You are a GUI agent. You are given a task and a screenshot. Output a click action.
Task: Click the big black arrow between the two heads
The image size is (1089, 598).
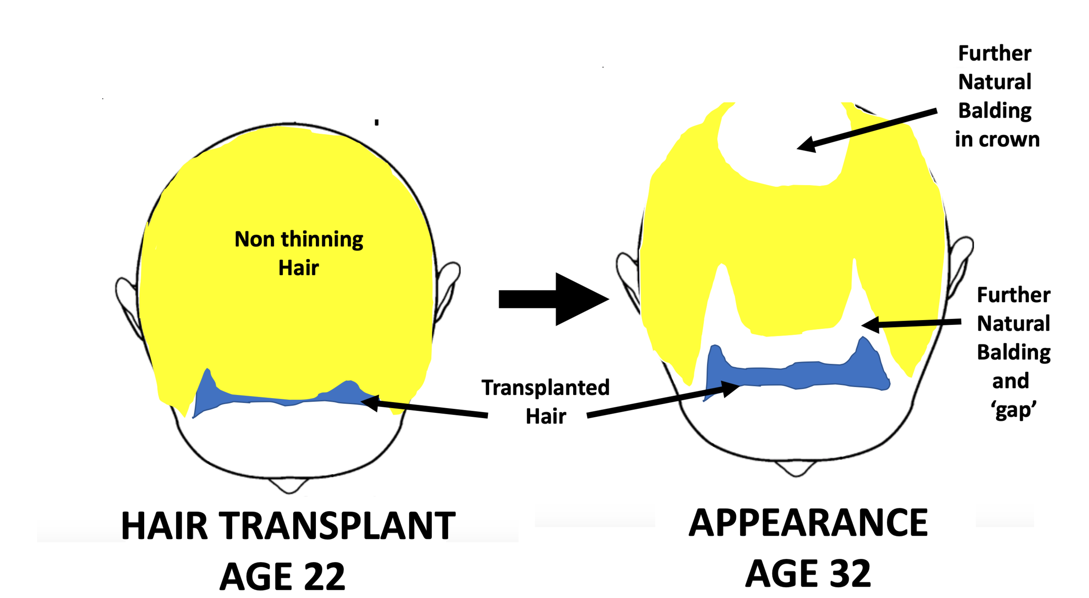553,299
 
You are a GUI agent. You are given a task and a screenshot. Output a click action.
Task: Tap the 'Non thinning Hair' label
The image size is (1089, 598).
299,253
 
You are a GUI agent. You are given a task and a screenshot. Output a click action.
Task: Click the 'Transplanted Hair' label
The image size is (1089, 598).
545,402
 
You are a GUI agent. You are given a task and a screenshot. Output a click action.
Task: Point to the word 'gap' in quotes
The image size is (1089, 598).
1014,410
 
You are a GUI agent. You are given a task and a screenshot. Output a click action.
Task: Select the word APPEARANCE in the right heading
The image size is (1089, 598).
808,523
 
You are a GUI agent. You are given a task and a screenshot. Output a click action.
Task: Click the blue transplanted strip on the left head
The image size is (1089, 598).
279,399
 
